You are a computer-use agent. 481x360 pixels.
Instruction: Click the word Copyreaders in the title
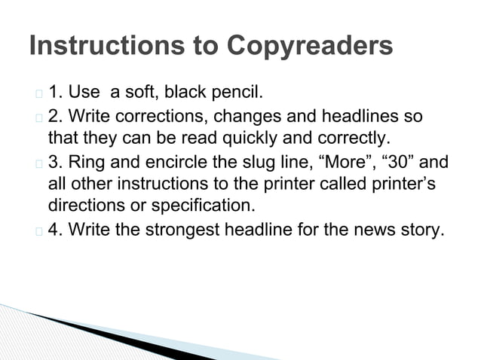click(x=310, y=46)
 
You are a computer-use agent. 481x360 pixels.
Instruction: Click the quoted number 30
click(x=401, y=162)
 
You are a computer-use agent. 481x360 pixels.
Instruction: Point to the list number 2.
click(x=55, y=117)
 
